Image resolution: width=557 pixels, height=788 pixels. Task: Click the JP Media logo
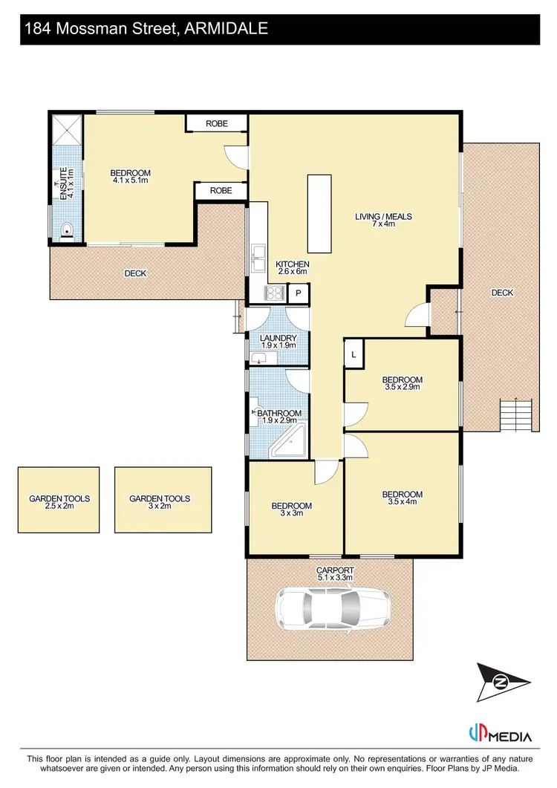click(500, 736)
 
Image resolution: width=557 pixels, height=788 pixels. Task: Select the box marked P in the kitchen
click(298, 294)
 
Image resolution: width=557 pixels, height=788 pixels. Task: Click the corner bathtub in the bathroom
click(290, 444)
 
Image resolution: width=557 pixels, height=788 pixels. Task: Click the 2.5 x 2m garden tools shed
click(59, 499)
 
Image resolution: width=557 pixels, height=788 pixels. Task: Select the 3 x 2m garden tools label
click(160, 503)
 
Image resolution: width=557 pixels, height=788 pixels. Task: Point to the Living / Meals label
click(383, 221)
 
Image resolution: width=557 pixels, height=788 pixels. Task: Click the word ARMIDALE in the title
click(222, 29)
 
